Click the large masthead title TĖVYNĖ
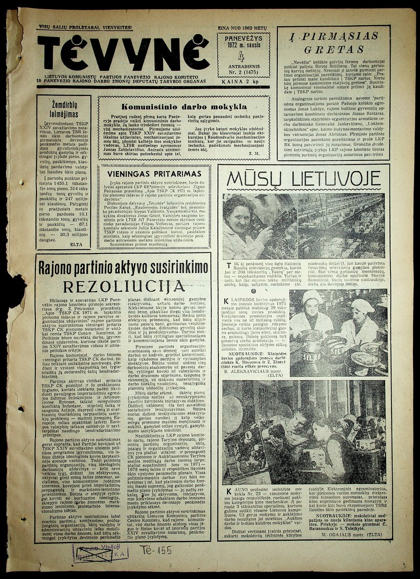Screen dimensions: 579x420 coord(123,54)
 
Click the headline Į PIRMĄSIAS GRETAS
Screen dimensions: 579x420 coord(334,43)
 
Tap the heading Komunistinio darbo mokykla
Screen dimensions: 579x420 coord(184,107)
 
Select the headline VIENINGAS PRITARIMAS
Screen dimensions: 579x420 coord(154,173)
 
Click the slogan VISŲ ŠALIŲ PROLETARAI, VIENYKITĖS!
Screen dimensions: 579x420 coord(85,27)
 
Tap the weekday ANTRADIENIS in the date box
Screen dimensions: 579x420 coord(243,66)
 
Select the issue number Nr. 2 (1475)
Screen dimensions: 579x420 coord(243,72)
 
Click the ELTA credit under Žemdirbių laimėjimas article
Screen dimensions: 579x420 coord(76,243)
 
